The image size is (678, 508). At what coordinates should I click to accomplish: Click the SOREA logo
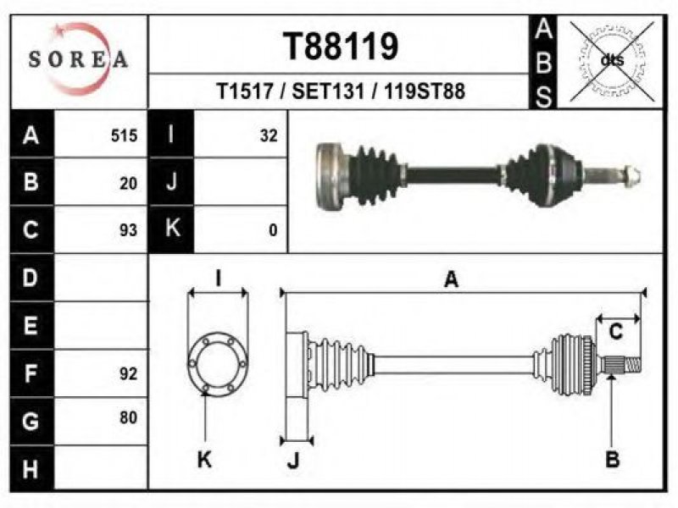pyautogui.click(x=79, y=58)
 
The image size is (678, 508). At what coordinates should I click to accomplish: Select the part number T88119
pyautogui.click(x=341, y=47)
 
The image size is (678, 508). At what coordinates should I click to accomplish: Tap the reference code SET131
pyautogui.click(x=328, y=91)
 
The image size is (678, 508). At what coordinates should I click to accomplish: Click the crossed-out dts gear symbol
pyautogui.click(x=612, y=61)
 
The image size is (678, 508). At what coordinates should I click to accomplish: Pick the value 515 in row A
pyautogui.click(x=124, y=135)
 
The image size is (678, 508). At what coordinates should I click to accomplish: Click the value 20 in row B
pyautogui.click(x=129, y=184)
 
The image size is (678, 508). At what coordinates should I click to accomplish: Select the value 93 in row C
pyautogui.click(x=129, y=230)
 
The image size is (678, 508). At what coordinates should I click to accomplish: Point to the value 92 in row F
pyautogui.click(x=129, y=373)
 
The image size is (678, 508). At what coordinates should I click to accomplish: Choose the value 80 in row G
pyautogui.click(x=129, y=417)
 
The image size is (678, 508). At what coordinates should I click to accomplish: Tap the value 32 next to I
pyautogui.click(x=269, y=135)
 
